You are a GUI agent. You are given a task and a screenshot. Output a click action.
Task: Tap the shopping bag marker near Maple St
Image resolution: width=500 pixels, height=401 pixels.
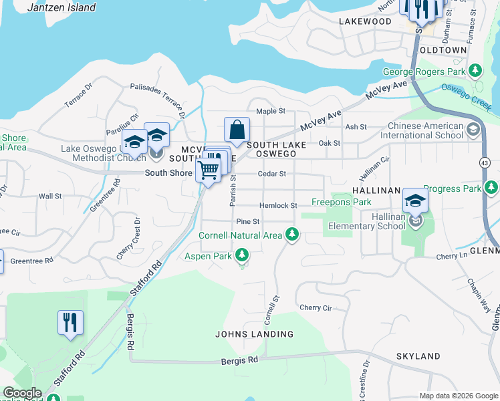click(x=237, y=130)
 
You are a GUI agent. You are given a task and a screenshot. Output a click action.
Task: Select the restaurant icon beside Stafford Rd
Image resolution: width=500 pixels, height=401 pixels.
click(x=70, y=323)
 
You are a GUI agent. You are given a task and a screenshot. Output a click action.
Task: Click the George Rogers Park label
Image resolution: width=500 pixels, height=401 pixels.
click(x=424, y=72)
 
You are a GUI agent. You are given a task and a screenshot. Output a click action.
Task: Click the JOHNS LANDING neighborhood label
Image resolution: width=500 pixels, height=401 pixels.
click(x=254, y=334)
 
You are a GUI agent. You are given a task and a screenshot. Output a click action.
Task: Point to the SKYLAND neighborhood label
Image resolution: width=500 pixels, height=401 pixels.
click(x=418, y=357)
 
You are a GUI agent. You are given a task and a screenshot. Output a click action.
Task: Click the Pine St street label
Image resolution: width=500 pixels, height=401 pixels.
click(x=247, y=221)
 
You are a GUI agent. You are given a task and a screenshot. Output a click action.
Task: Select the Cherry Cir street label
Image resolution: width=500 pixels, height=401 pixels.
click(x=316, y=308)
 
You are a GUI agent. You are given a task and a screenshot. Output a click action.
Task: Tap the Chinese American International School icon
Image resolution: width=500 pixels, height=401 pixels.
click(x=473, y=130)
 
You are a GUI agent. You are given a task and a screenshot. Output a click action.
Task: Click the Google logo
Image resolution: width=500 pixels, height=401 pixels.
click(x=21, y=393)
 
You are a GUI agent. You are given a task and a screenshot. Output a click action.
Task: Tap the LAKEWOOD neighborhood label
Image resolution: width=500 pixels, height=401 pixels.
click(x=364, y=21)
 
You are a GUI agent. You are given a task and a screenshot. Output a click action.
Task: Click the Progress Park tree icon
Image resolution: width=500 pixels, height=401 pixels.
click(x=492, y=188)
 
